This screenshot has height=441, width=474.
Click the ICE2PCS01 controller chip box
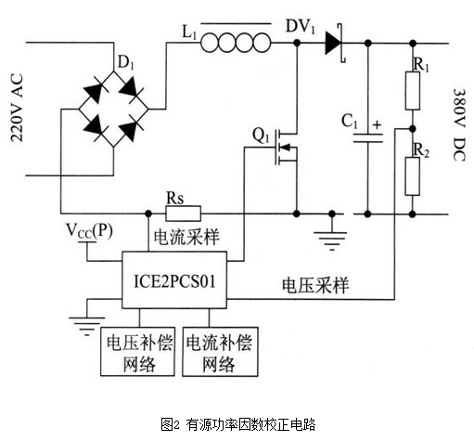point(174,280)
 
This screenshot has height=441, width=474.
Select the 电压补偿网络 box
point(137,351)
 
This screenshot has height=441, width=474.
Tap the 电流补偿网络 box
point(220,351)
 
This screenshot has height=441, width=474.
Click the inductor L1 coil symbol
point(236,43)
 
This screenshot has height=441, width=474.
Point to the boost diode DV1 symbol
point(335,43)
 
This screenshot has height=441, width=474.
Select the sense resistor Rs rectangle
point(183,214)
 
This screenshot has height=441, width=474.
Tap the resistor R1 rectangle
point(413,91)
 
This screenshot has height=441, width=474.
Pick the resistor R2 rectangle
point(413,176)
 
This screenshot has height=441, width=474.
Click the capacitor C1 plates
point(367,138)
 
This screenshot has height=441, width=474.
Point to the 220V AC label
point(17,108)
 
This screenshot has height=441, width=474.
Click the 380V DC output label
point(459,125)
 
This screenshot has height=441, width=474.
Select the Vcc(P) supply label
point(89,231)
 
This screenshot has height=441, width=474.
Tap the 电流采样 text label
point(186,237)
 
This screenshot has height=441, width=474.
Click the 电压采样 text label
point(315,285)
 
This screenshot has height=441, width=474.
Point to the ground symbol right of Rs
point(331,236)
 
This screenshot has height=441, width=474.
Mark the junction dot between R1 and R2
point(413,128)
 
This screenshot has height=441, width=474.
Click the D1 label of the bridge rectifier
point(126,64)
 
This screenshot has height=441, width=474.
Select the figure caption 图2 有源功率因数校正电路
point(237,424)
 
